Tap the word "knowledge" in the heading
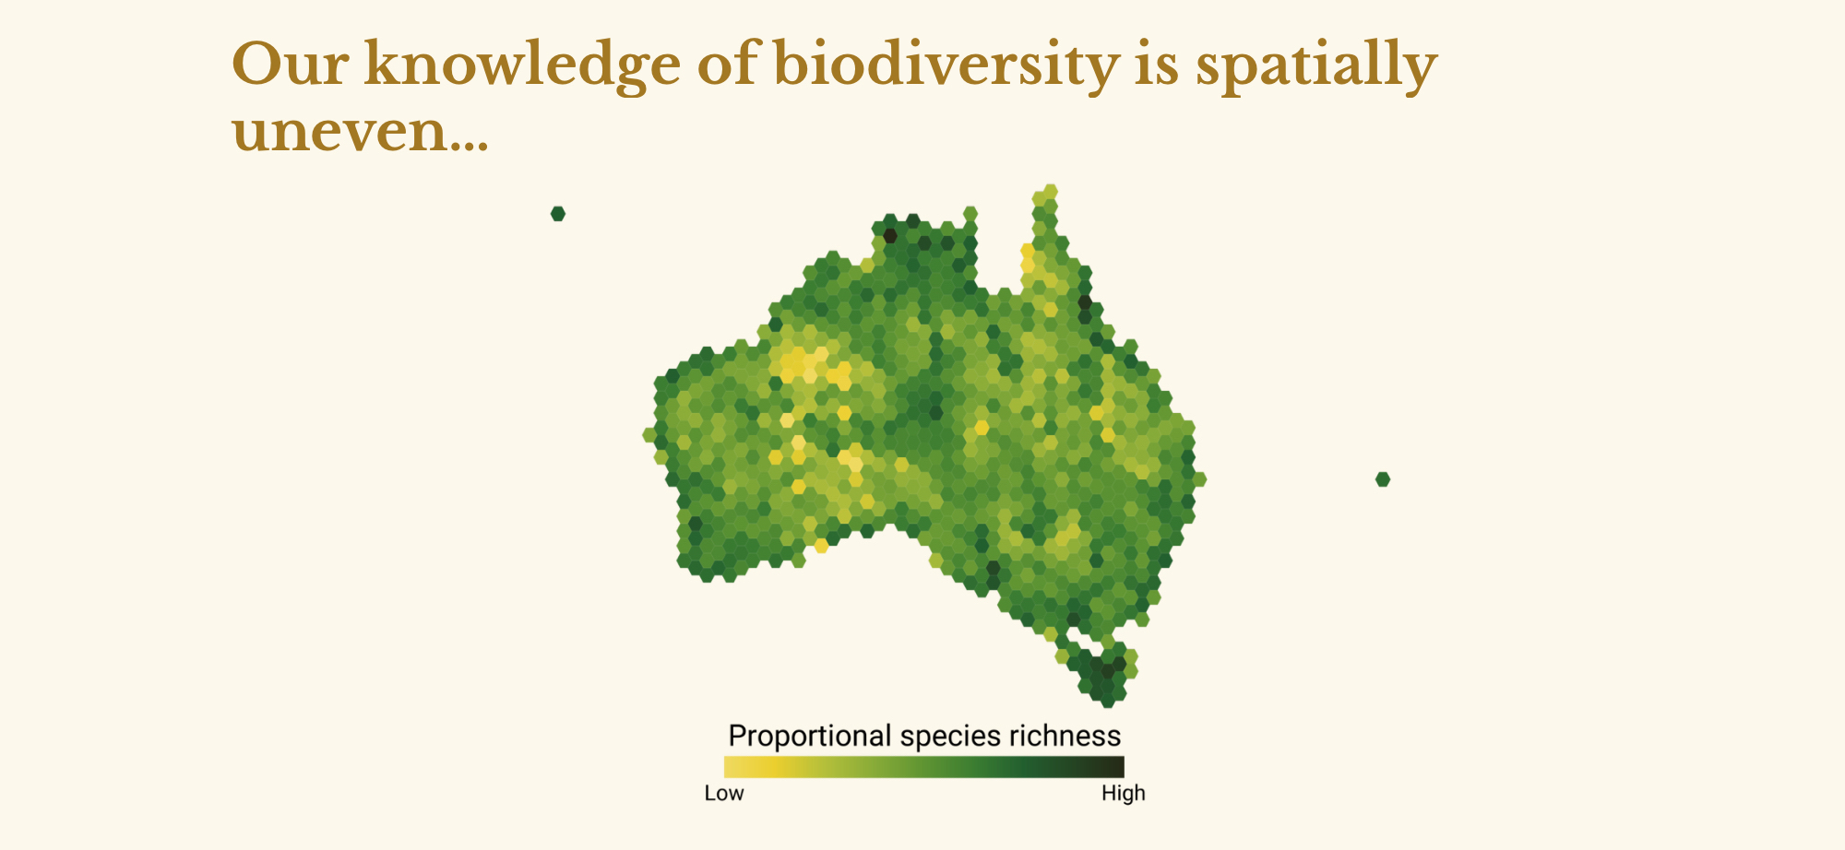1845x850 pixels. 523,65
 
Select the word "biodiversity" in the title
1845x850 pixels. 946,65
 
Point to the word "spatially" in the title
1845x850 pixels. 1316,65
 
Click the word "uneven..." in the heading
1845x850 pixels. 360,132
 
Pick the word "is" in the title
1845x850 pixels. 1156,65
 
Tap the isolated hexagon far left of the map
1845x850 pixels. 558,214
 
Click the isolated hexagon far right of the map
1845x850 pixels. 1383,479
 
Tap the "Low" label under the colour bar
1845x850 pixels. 724,793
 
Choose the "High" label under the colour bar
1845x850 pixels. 1124,793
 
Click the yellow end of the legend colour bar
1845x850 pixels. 730,767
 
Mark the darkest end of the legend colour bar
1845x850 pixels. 1118,767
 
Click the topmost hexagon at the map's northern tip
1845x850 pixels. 1050,192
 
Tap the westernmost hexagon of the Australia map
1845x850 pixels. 650,435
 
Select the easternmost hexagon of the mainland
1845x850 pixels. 1198,479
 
